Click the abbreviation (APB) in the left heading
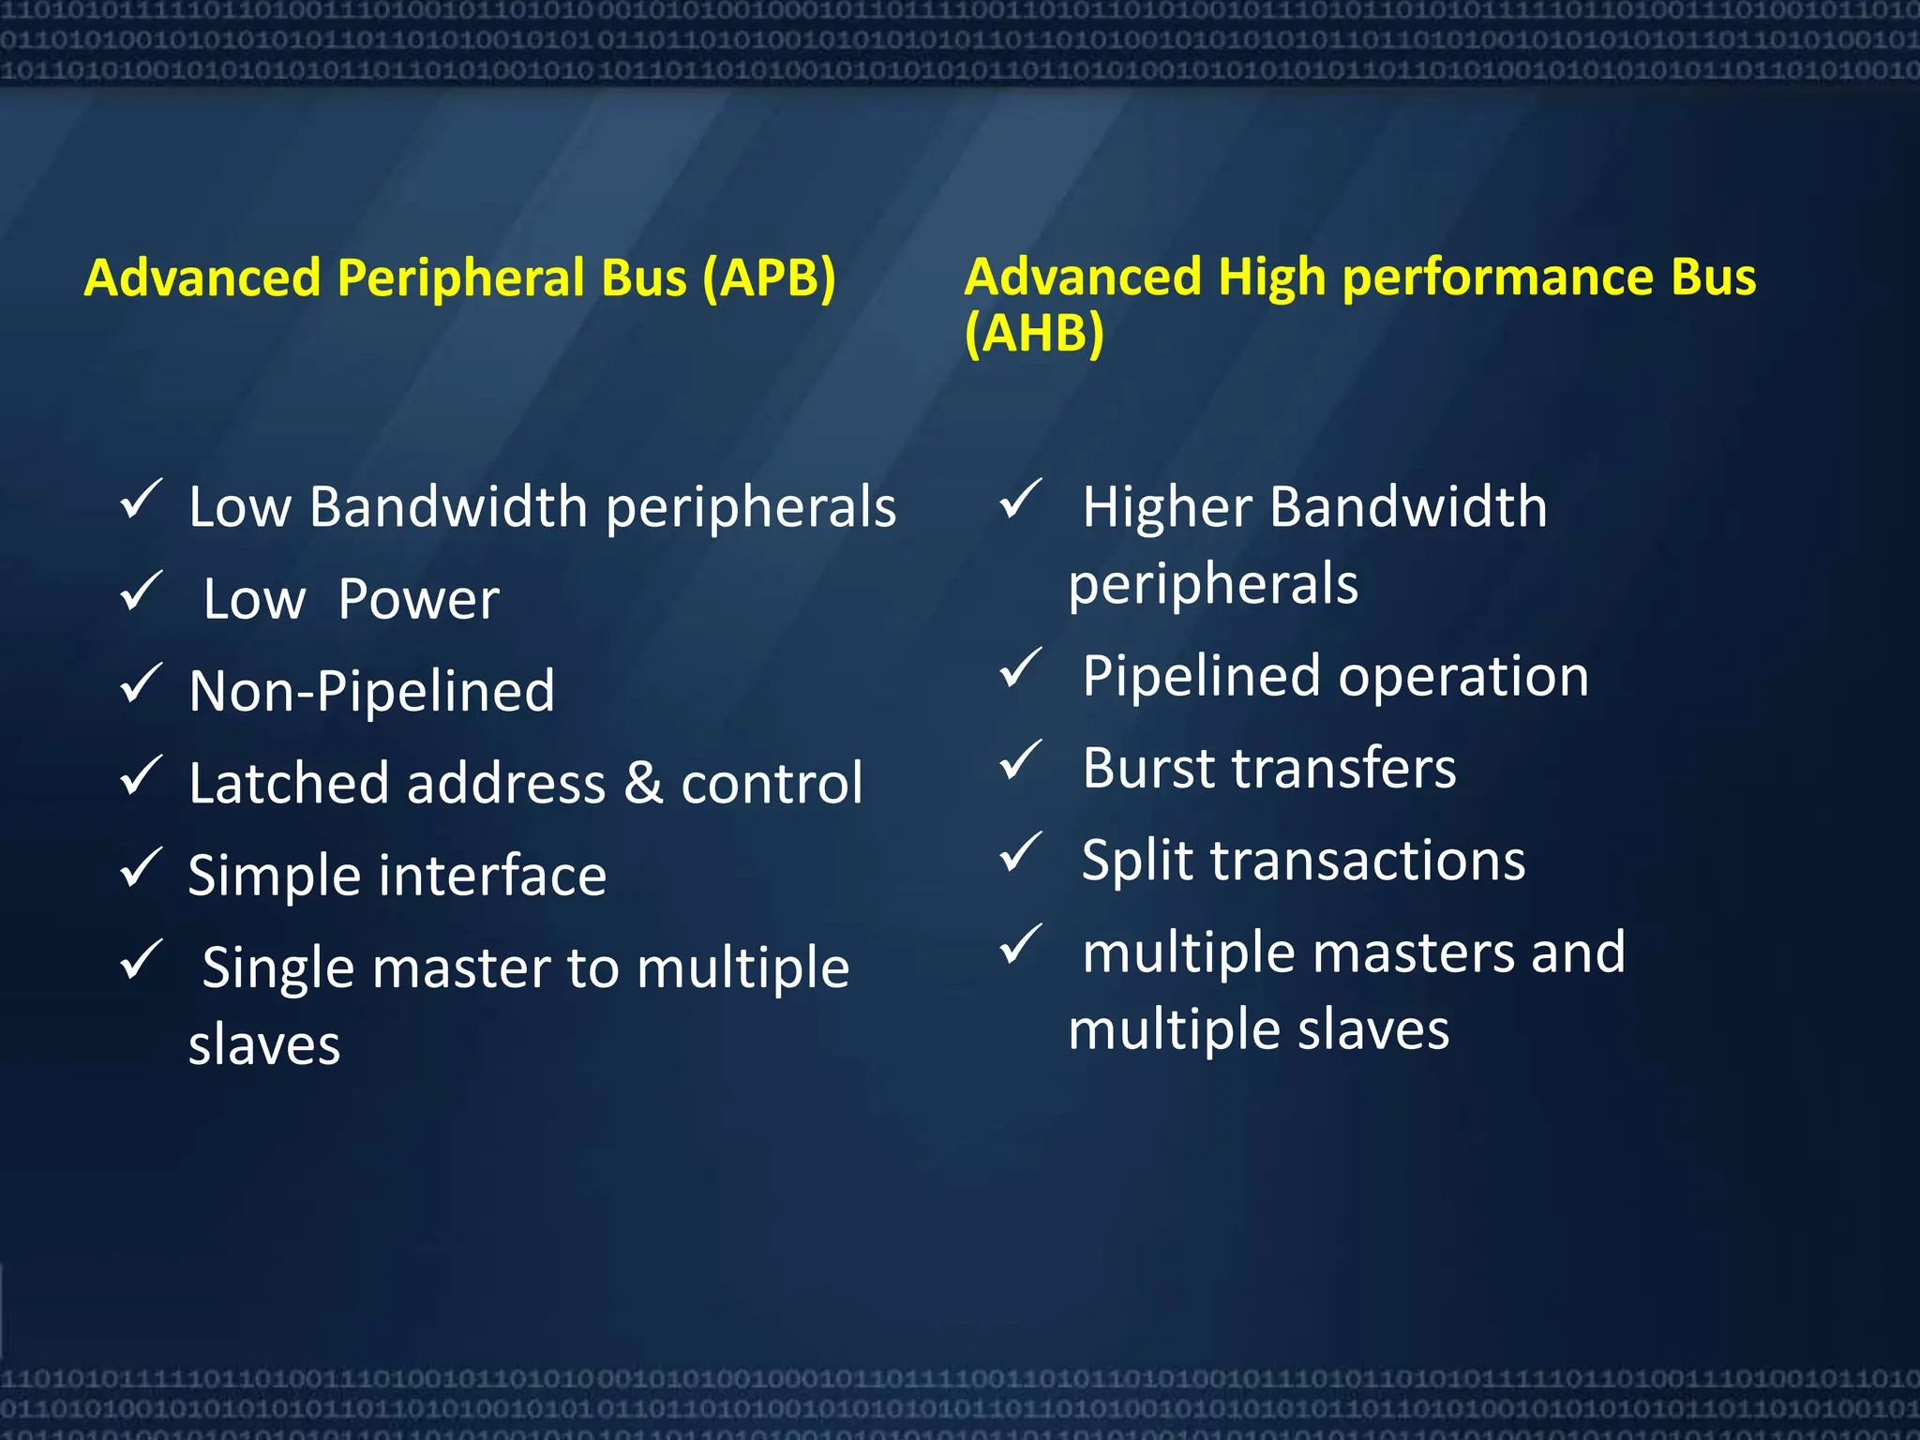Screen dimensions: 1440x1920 click(x=769, y=279)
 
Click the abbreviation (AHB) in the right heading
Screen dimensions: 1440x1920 click(x=1034, y=334)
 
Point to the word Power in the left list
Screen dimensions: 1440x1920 click(x=418, y=600)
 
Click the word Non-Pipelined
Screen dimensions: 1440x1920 click(x=371, y=692)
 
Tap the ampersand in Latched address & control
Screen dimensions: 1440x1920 click(x=643, y=784)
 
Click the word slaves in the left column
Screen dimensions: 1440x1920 click(x=264, y=1045)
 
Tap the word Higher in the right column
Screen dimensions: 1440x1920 click(x=1166, y=508)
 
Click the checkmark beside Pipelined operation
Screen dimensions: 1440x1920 click(x=1020, y=668)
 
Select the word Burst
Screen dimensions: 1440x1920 click(x=1147, y=769)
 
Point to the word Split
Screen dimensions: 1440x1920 click(x=1137, y=861)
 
